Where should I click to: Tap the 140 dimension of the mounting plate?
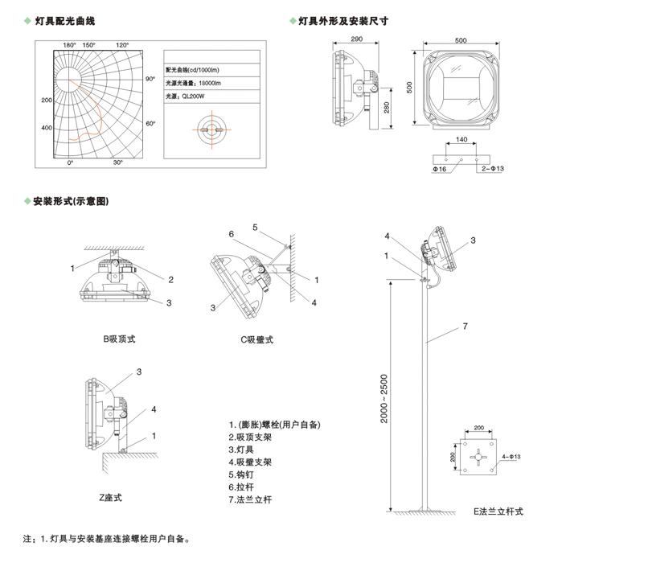click(x=461, y=140)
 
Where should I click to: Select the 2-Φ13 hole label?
click(x=491, y=170)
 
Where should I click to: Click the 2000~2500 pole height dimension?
click(x=385, y=401)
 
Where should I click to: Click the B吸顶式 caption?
click(x=119, y=339)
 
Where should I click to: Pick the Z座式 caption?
click(x=111, y=498)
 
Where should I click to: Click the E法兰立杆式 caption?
click(x=498, y=511)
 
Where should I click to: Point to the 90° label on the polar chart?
click(x=150, y=80)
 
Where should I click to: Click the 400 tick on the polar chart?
click(x=46, y=128)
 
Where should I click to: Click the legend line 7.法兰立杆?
click(x=251, y=499)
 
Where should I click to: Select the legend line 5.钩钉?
click(x=245, y=474)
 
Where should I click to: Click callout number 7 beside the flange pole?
click(x=465, y=327)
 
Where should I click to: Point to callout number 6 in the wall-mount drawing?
click(x=231, y=234)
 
